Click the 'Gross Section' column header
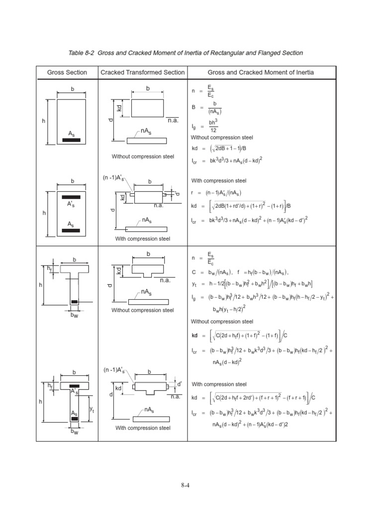(x=67, y=73)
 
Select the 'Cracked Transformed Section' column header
(x=142, y=73)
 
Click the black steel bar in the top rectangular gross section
(x=74, y=140)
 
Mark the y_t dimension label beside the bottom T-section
(x=92, y=409)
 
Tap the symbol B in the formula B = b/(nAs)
(x=193, y=107)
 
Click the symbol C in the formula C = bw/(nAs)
(x=193, y=272)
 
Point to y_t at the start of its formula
(x=193, y=284)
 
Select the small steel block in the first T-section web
(x=74, y=302)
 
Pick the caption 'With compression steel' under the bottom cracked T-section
(x=143, y=428)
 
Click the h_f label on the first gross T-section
(x=49, y=268)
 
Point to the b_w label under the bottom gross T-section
(x=75, y=432)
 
